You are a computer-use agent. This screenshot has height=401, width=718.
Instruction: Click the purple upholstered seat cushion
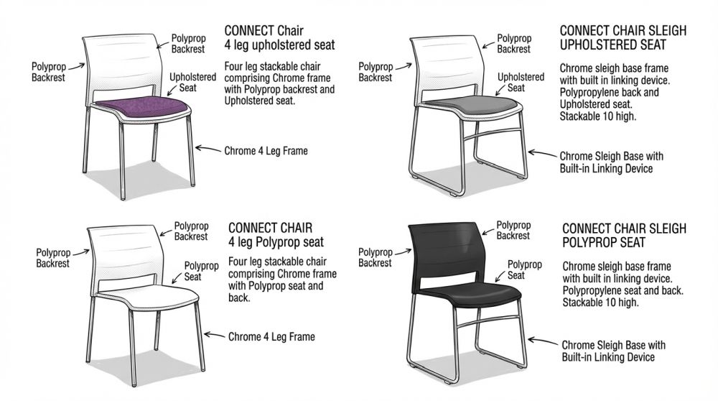[143, 108]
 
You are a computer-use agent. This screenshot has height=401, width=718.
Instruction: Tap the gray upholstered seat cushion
[474, 106]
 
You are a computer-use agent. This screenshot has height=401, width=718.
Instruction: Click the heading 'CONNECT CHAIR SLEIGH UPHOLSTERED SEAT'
[623, 37]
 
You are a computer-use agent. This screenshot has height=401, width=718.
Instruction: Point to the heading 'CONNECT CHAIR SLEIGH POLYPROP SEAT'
[624, 235]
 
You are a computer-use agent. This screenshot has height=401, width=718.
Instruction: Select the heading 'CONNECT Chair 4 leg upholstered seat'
[279, 37]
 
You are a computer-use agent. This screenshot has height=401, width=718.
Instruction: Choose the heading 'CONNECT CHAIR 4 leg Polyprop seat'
[276, 235]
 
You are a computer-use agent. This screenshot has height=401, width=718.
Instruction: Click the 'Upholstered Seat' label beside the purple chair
[192, 83]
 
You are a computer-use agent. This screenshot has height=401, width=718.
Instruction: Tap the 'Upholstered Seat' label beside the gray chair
[521, 83]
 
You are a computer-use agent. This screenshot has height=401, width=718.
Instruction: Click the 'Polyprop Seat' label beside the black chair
[524, 270]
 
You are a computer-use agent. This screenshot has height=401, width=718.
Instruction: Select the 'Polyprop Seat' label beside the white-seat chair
[201, 272]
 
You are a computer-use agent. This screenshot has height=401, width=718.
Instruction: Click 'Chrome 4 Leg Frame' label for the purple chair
[266, 151]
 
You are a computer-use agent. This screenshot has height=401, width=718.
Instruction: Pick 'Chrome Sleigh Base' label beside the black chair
[614, 351]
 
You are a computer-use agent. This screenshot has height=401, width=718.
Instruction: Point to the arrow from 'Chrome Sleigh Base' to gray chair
[543, 154]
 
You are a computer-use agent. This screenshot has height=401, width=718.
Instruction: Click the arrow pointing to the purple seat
[173, 90]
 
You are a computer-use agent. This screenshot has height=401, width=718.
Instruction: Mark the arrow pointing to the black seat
[500, 277]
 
